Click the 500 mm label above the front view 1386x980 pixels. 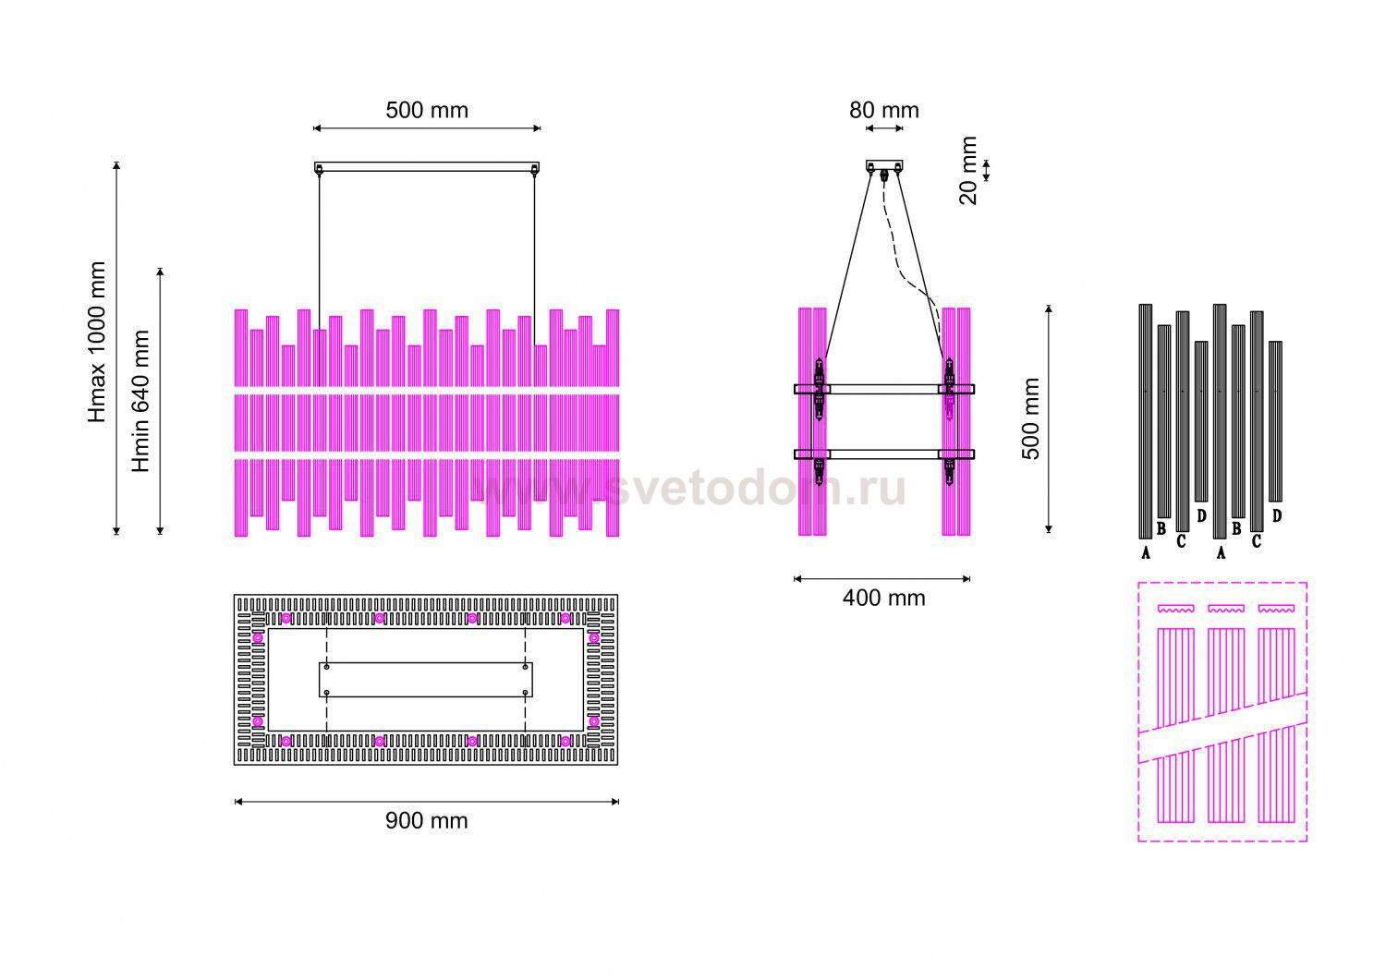[427, 110]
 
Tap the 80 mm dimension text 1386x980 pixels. [883, 110]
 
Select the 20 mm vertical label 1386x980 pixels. [968, 170]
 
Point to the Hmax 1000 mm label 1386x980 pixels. [97, 342]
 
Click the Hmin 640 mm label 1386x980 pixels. [141, 401]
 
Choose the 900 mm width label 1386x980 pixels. [426, 820]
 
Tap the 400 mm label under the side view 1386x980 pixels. [883, 598]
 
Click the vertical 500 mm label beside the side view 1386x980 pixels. [1030, 418]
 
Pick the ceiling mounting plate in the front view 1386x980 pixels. [427, 167]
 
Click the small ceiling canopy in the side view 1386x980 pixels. [884, 165]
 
